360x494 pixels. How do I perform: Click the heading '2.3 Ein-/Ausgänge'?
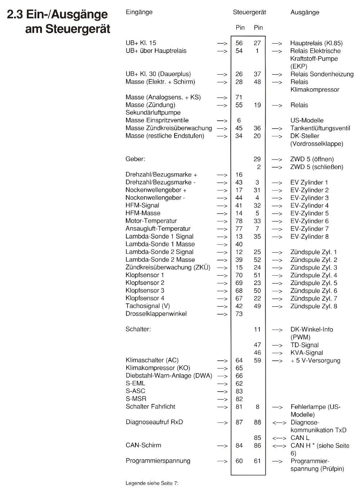click(x=57, y=15)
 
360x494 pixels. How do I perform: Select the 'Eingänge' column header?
click(x=139, y=12)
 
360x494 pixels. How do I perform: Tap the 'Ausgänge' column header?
click(x=305, y=12)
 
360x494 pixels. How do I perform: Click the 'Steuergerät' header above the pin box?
click(x=249, y=12)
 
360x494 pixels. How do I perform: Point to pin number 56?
click(x=239, y=43)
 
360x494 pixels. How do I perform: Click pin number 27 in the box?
click(x=257, y=43)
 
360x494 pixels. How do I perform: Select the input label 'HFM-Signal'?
click(x=142, y=205)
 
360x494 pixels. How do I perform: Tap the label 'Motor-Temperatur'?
click(x=151, y=221)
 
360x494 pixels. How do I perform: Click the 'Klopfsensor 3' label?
click(x=145, y=290)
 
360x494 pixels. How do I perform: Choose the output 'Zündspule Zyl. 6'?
click(x=314, y=291)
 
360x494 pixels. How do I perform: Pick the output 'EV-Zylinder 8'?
click(x=309, y=237)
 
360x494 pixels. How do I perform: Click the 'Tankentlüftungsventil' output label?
click(x=320, y=128)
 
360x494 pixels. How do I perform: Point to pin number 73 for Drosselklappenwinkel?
click(x=239, y=314)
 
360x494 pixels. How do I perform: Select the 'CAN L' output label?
click(x=300, y=438)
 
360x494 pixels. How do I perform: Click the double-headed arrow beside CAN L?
click(x=279, y=438)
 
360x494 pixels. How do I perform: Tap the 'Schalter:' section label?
click(x=138, y=329)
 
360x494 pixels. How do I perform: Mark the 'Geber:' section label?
click(x=135, y=159)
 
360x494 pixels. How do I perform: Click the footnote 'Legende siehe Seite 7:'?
click(x=152, y=483)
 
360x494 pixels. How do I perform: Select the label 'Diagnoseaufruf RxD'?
click(x=154, y=422)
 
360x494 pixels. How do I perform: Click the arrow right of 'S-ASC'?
click(x=222, y=391)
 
